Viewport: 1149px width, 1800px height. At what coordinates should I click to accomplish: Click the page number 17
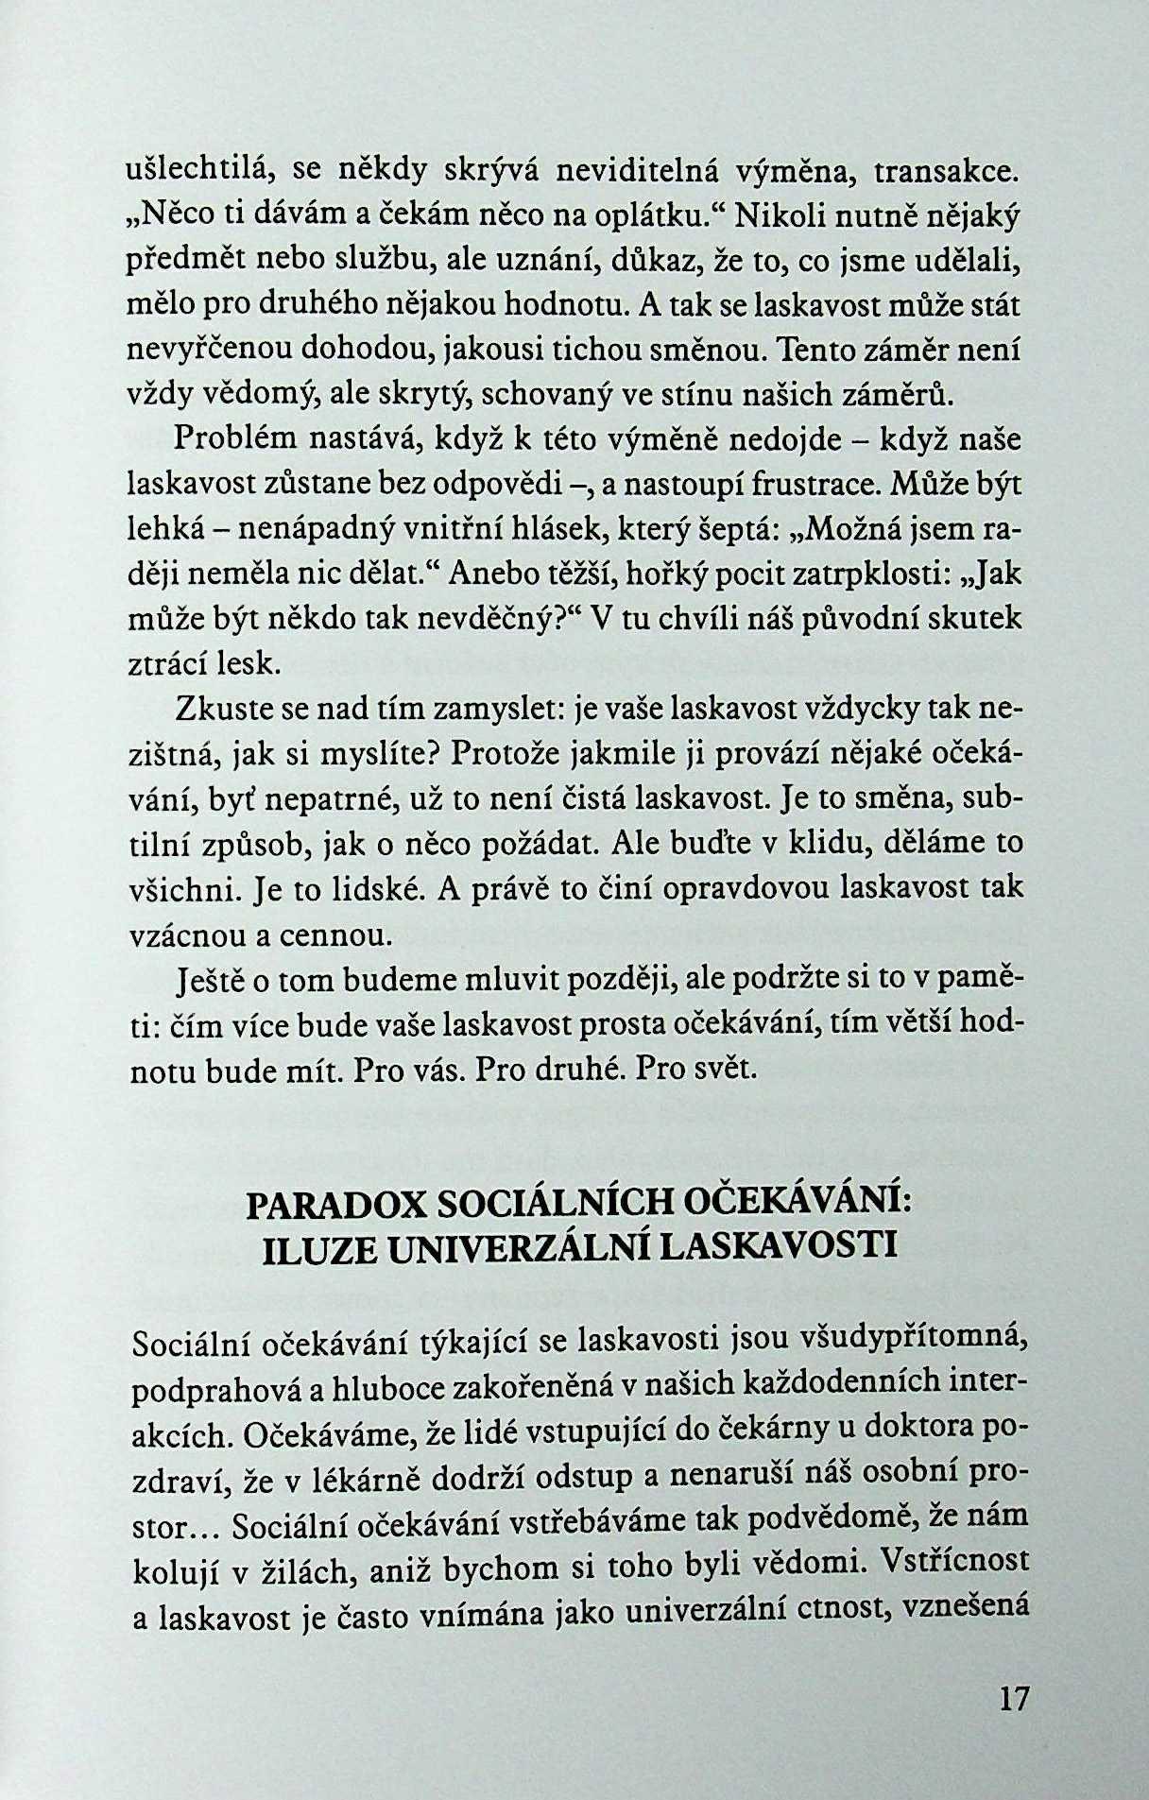(x=1012, y=1698)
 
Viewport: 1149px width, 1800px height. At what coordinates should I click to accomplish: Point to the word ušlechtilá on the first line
(x=200, y=172)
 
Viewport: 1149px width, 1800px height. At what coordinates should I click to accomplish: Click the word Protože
(x=508, y=755)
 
